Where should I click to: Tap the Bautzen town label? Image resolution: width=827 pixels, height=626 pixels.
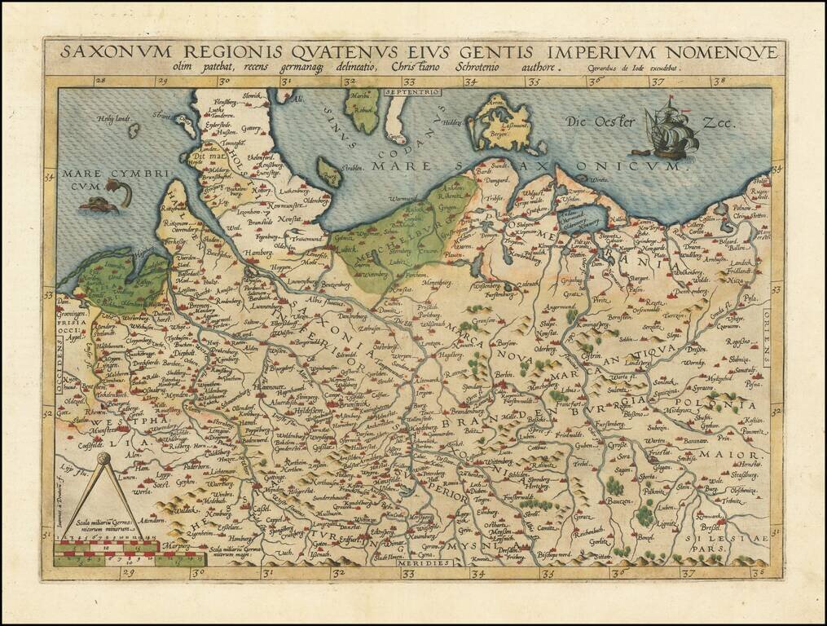click(x=620, y=501)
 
